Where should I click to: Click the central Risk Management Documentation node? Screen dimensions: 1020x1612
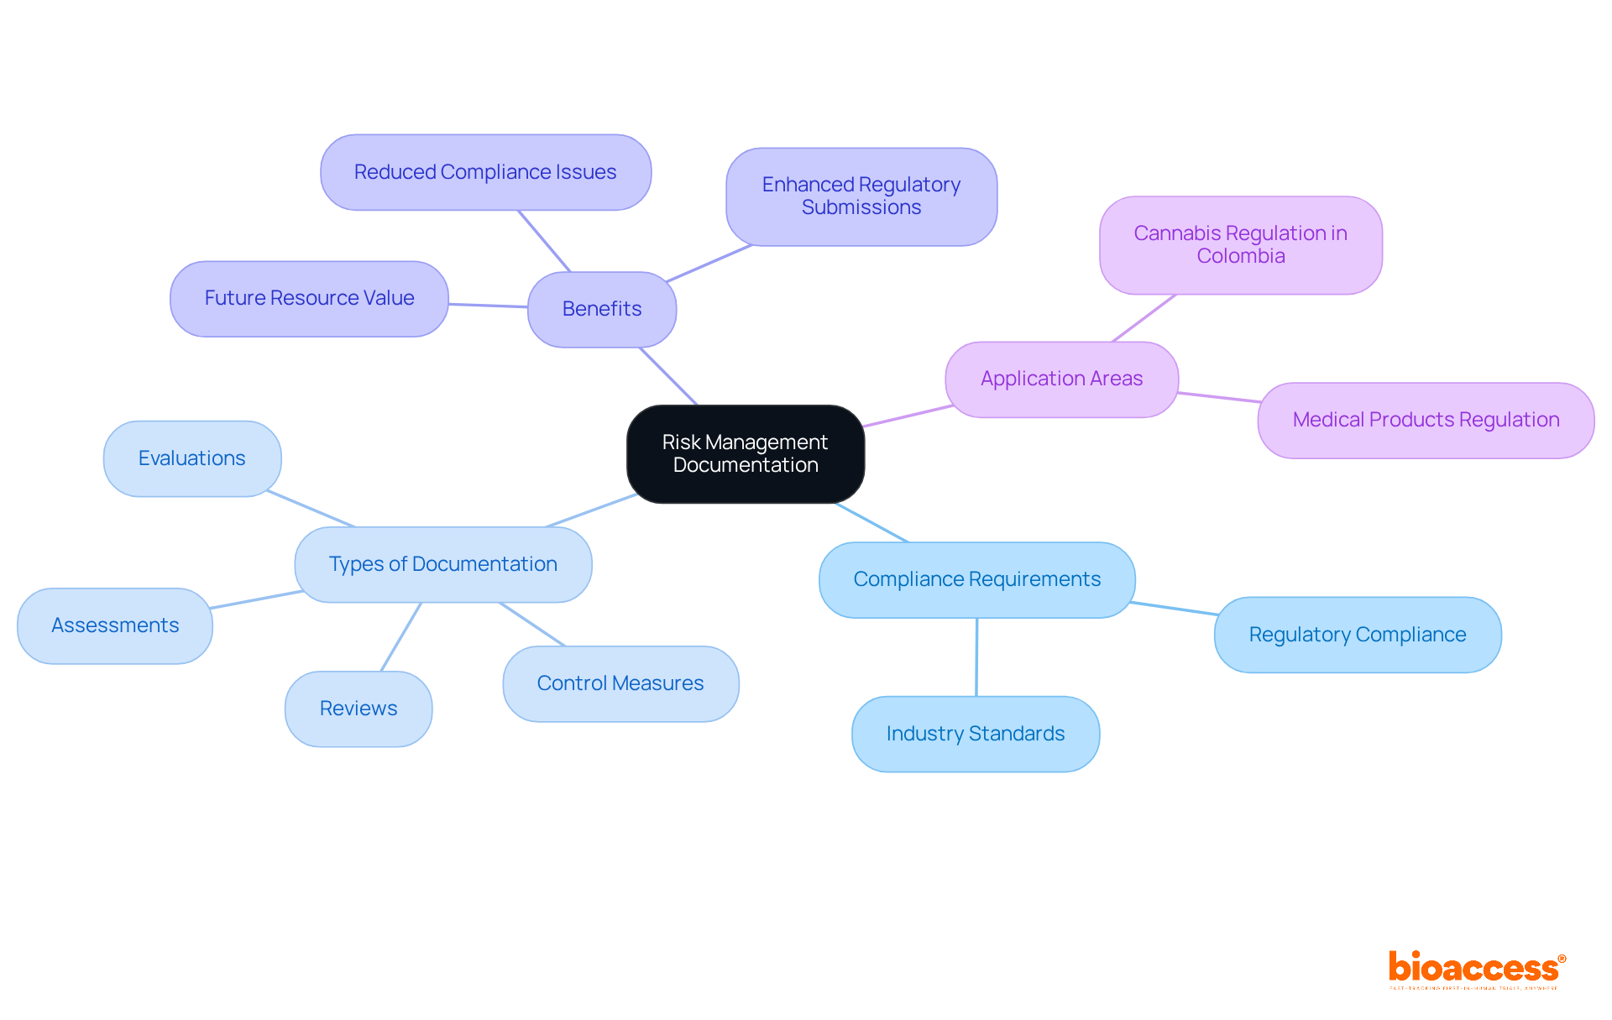pyautogui.click(x=745, y=453)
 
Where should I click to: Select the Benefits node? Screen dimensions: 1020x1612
pyautogui.click(x=601, y=309)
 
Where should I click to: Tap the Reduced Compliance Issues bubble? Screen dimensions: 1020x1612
pyautogui.click(x=485, y=172)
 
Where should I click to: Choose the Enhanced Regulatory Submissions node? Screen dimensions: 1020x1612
pyautogui.click(x=861, y=196)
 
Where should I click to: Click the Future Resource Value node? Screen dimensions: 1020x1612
pyautogui.click(x=309, y=298)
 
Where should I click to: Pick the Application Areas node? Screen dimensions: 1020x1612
pyautogui.click(x=1061, y=379)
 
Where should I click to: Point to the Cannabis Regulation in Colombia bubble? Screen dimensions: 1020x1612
pyautogui.click(x=1240, y=244)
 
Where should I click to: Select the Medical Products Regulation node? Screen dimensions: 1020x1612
pyautogui.click(x=1425, y=420)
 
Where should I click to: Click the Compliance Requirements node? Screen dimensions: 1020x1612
pyautogui.click(x=976, y=579)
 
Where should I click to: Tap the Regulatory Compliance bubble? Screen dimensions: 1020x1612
pyautogui.click(x=1357, y=635)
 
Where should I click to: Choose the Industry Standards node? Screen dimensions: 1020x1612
pyautogui.click(x=975, y=734)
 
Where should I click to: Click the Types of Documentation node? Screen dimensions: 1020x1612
pyautogui.click(x=442, y=564)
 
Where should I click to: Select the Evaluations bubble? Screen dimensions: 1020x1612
pyautogui.click(x=191, y=458)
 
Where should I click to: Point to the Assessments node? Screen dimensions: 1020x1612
pyautogui.click(x=115, y=625)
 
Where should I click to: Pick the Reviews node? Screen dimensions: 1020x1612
pyautogui.click(x=359, y=709)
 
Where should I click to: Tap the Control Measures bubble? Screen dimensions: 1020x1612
pyautogui.click(x=620, y=683)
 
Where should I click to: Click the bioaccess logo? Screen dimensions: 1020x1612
pyautogui.click(x=1475, y=968)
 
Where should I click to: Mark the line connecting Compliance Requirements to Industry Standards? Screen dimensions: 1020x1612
pyautogui.click(x=976, y=657)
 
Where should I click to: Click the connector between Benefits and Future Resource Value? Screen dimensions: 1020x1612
pyautogui.click(x=488, y=306)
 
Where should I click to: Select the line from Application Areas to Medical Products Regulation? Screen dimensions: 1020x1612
pyautogui.click(x=1218, y=397)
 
